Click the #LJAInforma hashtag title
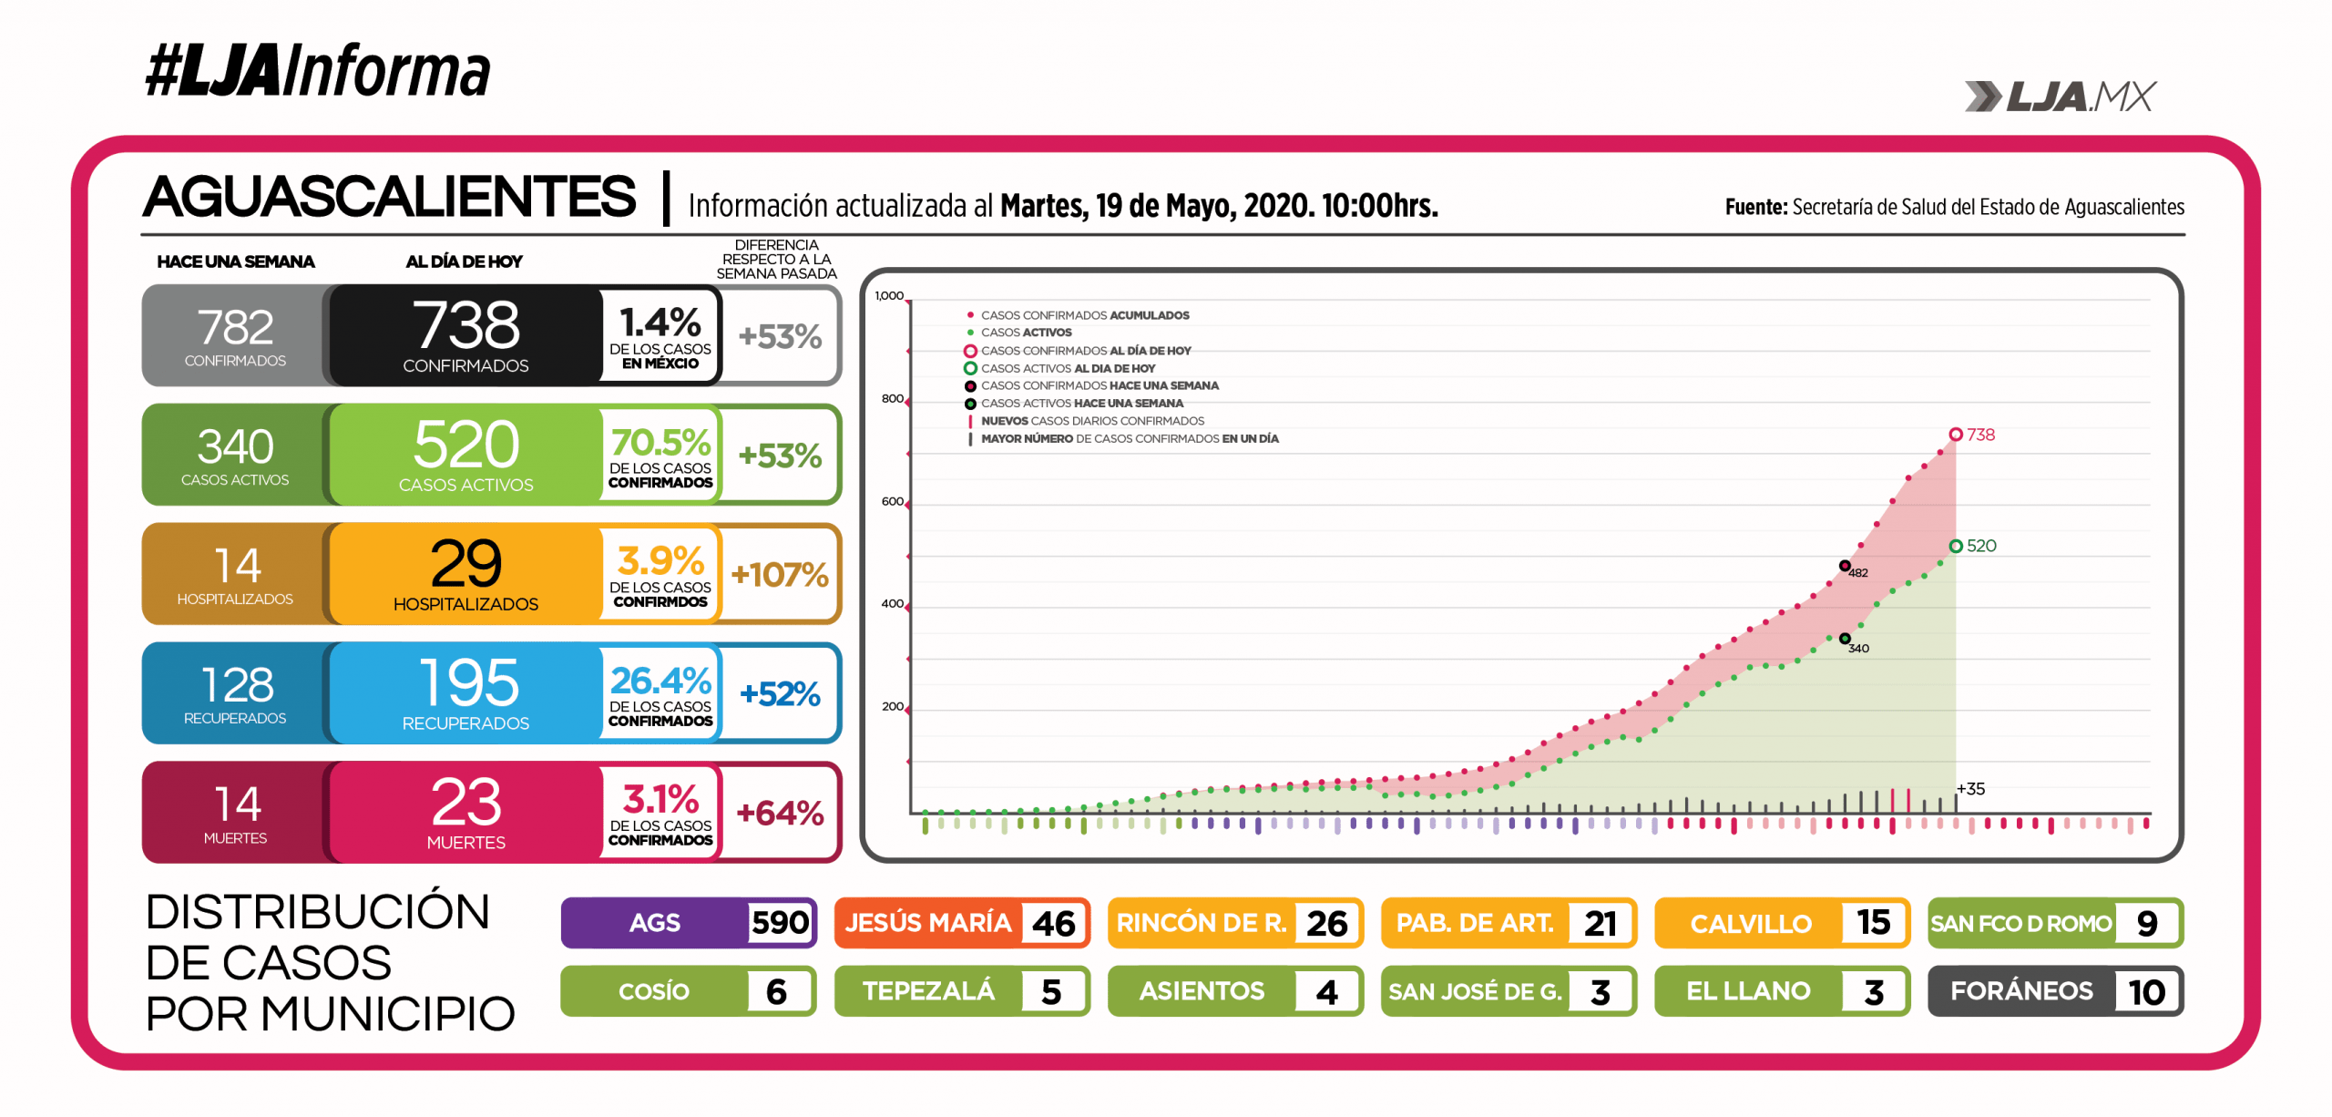tap(317, 71)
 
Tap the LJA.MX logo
tap(2060, 97)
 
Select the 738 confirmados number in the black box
tap(465, 325)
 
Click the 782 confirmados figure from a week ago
tap(235, 327)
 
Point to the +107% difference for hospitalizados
tap(779, 575)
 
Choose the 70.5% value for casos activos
tap(660, 443)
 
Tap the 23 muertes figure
tap(465, 803)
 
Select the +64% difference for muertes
tap(780, 813)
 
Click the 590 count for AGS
tap(780, 923)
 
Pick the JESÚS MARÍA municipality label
tap(928, 923)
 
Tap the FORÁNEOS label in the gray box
tap(2021, 991)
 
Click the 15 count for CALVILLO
tap(1873, 923)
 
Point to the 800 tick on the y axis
tap(892, 399)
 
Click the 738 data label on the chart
tap(1980, 435)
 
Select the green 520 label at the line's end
tap(1981, 546)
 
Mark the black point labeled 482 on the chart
tap(1845, 566)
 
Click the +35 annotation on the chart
tap(1970, 789)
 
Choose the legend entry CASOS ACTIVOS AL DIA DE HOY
tap(1068, 368)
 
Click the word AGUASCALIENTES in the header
tap(390, 197)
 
